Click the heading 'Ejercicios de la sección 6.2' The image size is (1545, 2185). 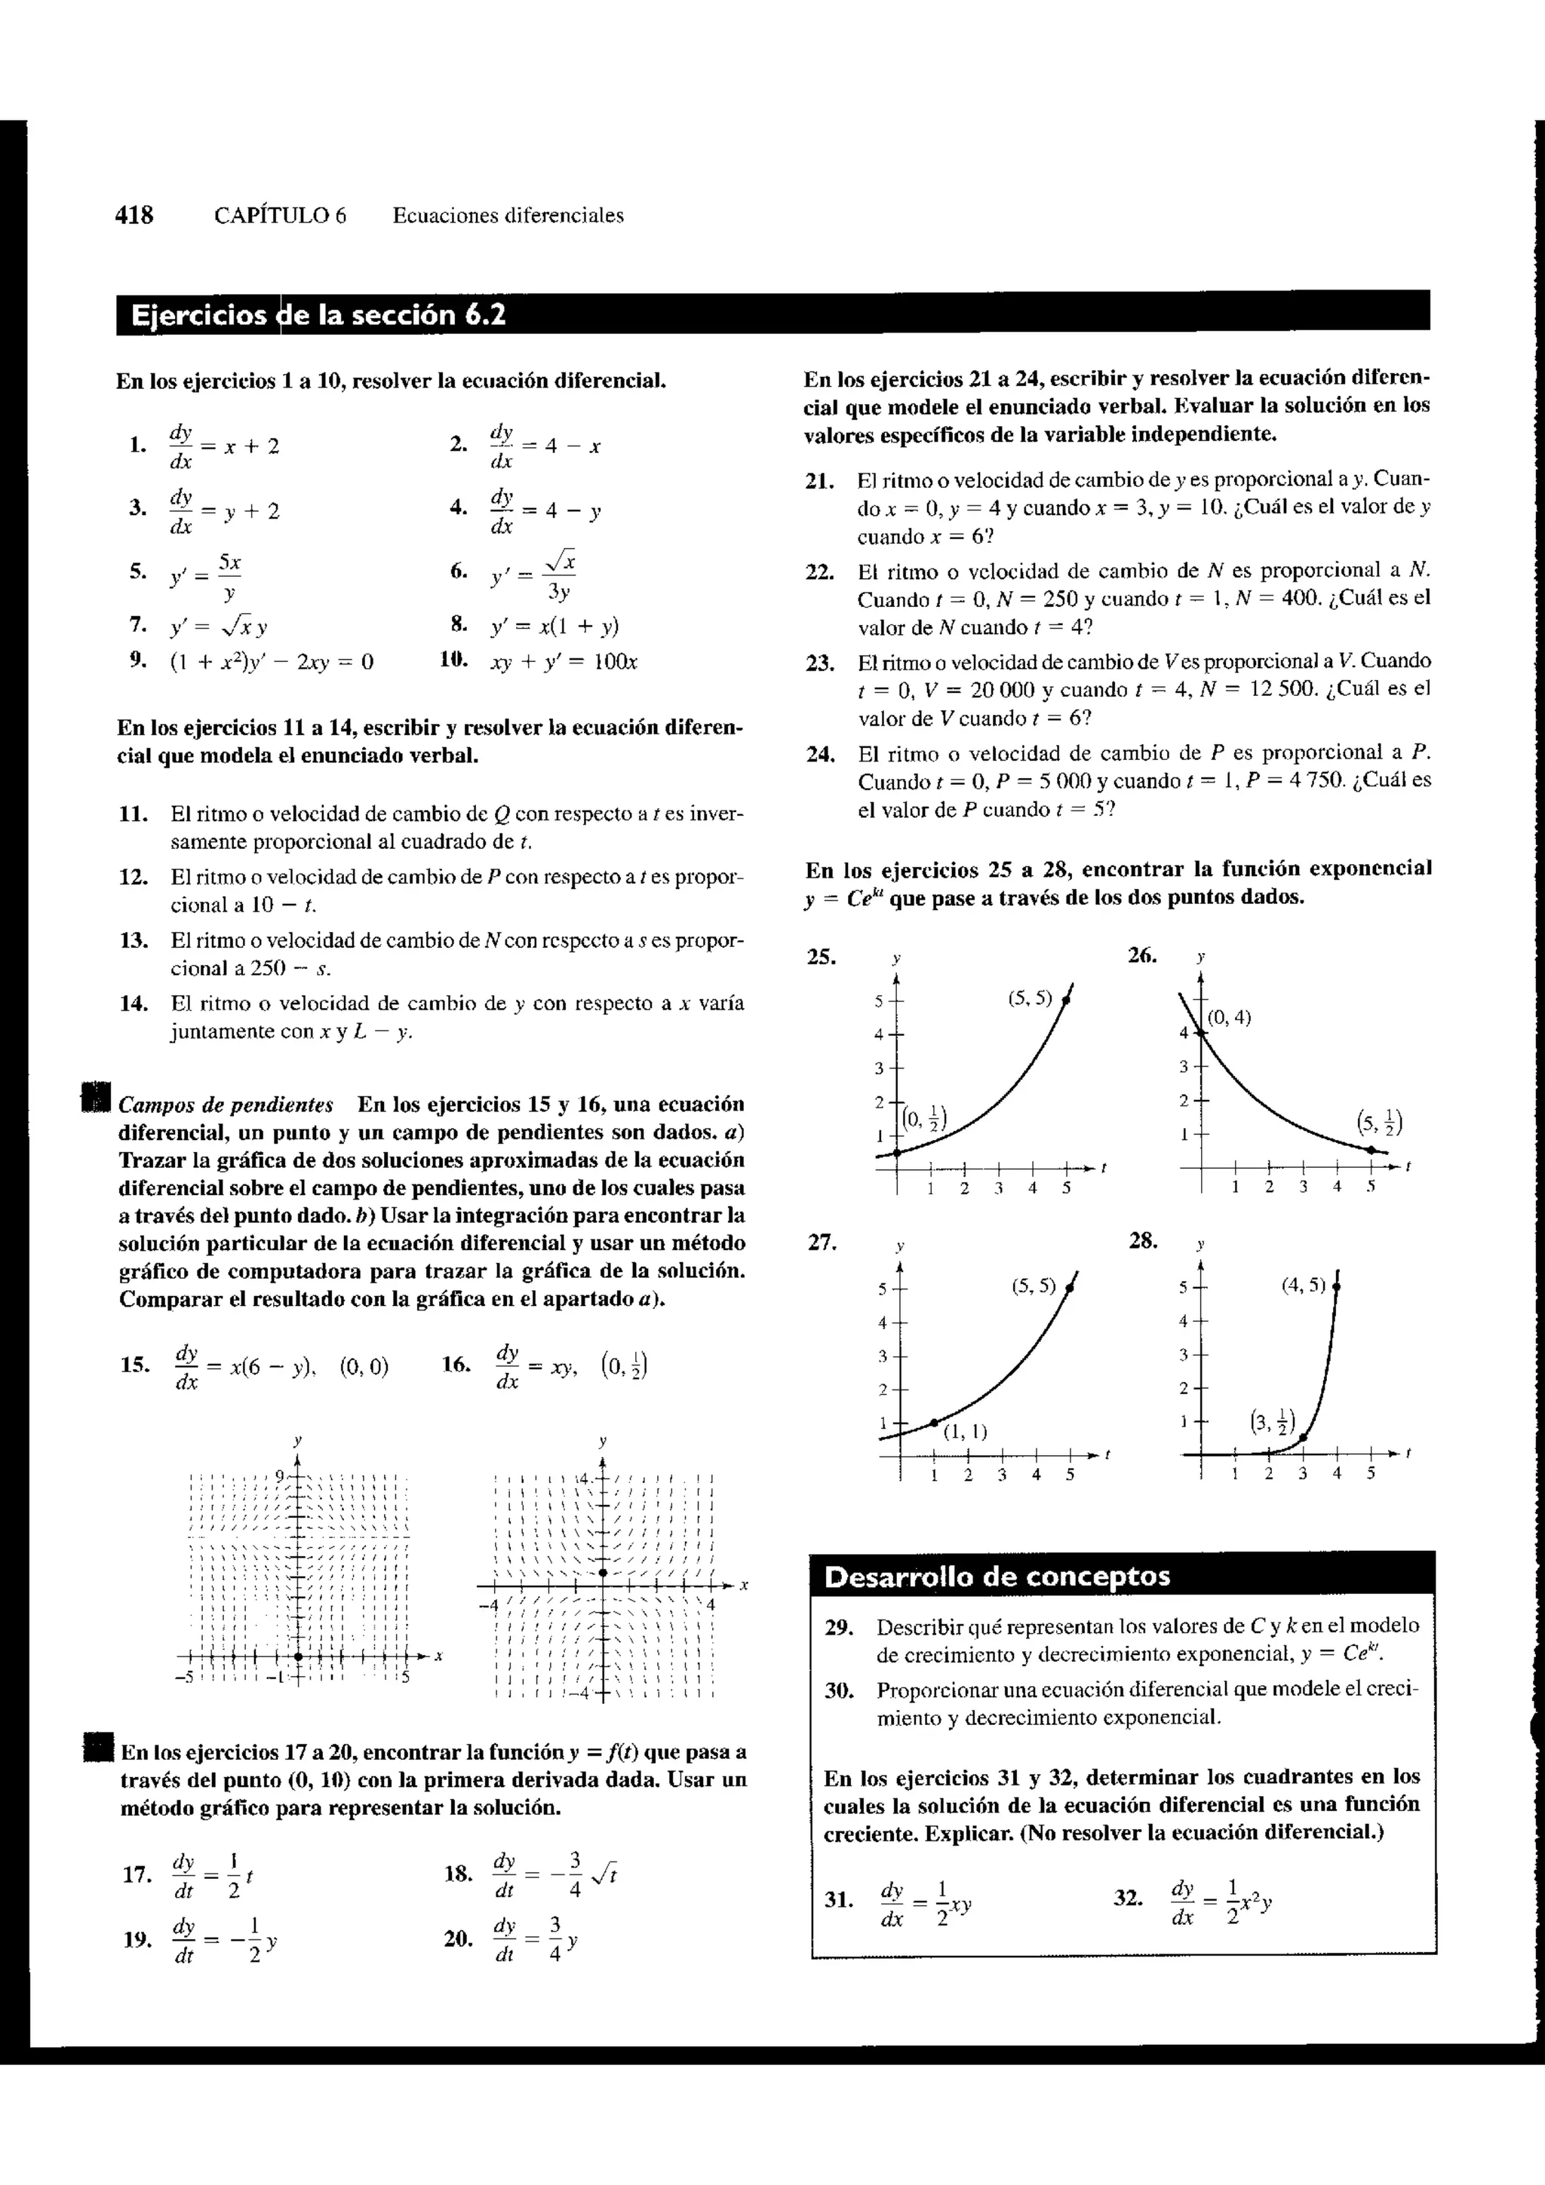pyautogui.click(x=318, y=315)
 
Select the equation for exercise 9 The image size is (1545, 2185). pyautogui.click(x=272, y=661)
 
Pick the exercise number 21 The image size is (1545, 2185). pyautogui.click(x=819, y=480)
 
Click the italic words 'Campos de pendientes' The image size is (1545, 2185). pyautogui.click(x=226, y=1105)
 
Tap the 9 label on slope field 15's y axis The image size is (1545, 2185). pyautogui.click(x=280, y=1476)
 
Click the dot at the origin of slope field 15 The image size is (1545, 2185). pyautogui.click(x=298, y=1656)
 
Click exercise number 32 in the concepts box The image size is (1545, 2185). pyautogui.click(x=1128, y=1898)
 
